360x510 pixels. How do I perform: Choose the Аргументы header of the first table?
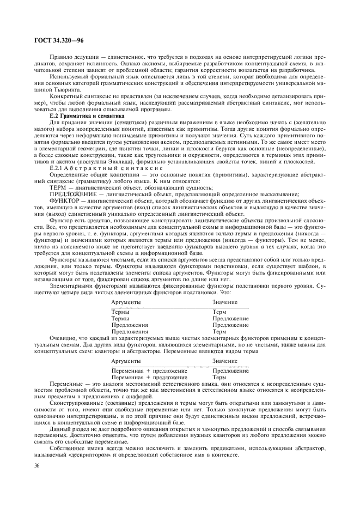pos(126,302)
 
